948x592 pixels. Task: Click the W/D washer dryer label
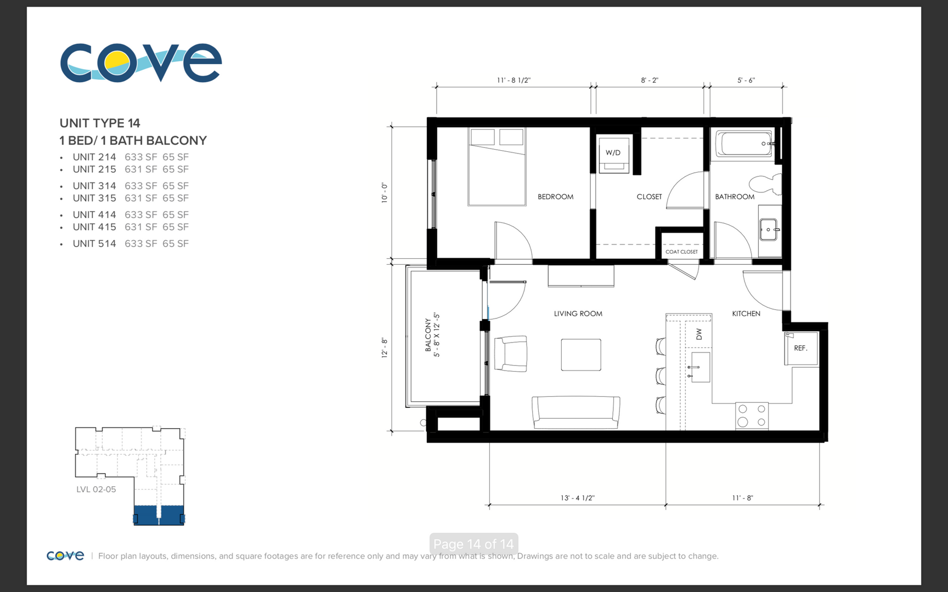[x=613, y=152]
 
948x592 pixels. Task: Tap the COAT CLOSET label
[x=681, y=252]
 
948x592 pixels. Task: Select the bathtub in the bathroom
[x=743, y=144]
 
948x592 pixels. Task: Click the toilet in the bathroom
[x=765, y=184]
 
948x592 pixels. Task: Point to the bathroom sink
[x=768, y=230]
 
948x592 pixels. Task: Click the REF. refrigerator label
[x=800, y=348]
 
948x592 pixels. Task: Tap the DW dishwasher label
[x=698, y=334]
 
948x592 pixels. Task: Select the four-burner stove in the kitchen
[x=752, y=415]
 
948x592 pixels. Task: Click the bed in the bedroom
[x=496, y=167]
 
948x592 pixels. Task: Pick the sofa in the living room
[x=575, y=412]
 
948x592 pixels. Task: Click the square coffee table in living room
[x=580, y=355]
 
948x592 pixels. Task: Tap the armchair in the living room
[x=511, y=354]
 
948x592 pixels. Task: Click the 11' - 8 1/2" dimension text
[x=513, y=80]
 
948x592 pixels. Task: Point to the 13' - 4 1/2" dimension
[x=577, y=498]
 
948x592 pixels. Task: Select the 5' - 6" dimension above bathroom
[x=746, y=80]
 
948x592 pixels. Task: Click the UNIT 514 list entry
[x=94, y=243]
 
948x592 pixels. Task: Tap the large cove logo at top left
[x=141, y=63]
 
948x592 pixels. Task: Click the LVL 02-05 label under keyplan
[x=96, y=489]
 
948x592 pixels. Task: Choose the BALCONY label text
[x=428, y=335]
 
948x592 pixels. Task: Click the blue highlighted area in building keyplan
[x=159, y=515]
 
